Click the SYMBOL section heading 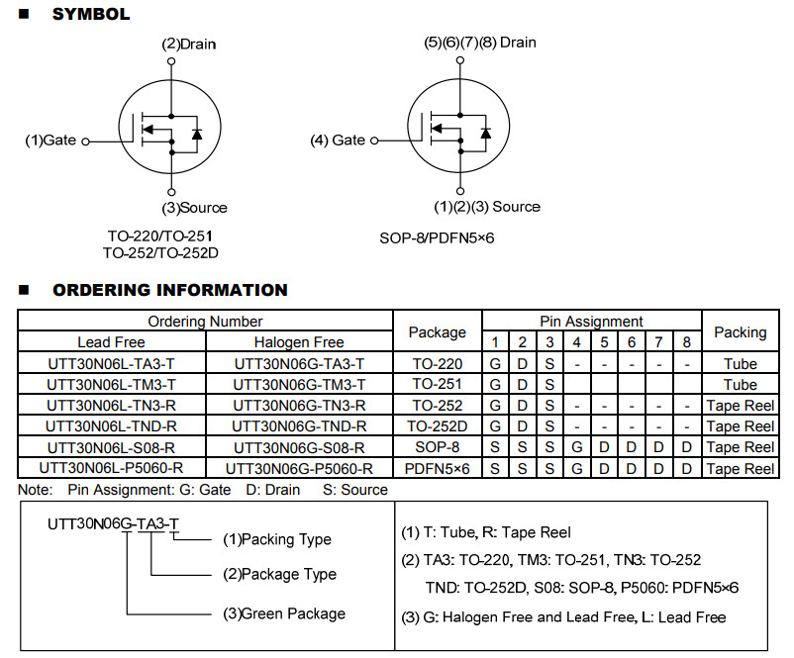[91, 14]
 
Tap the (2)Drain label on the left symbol [189, 45]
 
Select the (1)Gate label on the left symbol [50, 141]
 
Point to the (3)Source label [194, 208]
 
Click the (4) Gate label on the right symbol [338, 141]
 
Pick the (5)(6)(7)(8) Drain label [480, 43]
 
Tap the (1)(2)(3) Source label [487, 207]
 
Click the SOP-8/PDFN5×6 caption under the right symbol [437, 237]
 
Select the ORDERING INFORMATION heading [170, 290]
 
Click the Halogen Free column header [299, 342]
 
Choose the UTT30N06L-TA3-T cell [112, 364]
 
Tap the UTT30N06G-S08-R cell [299, 448]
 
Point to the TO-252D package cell [438, 426]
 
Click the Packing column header [741, 332]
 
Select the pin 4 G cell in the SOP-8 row [577, 448]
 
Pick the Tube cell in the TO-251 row [741, 385]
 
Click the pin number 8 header [687, 342]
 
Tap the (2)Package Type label [279, 575]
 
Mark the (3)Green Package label [284, 613]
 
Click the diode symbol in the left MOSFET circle [197, 135]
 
